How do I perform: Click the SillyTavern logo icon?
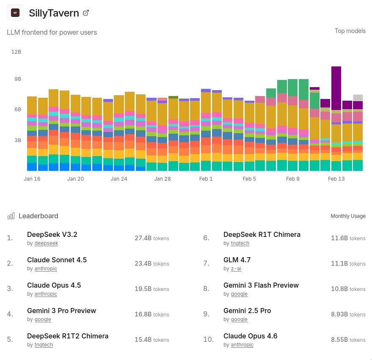(x=15, y=13)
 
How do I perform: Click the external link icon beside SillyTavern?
(x=86, y=13)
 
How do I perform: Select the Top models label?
(x=350, y=31)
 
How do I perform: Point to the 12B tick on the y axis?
(x=16, y=52)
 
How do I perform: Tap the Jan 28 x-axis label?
(x=163, y=179)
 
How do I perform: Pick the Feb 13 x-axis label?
(x=336, y=179)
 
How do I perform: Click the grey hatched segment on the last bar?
(x=358, y=98)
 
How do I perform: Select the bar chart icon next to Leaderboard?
(x=11, y=216)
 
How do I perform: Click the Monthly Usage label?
(x=348, y=216)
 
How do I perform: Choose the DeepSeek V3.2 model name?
(x=52, y=234)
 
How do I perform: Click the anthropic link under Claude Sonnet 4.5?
(x=46, y=269)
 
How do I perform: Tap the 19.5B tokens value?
(x=152, y=289)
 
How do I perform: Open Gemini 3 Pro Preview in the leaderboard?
(x=61, y=311)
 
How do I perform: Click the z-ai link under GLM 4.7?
(x=236, y=269)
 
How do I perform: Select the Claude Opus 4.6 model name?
(x=250, y=336)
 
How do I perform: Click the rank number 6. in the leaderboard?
(x=206, y=238)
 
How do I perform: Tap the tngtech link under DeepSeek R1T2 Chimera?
(x=44, y=345)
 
